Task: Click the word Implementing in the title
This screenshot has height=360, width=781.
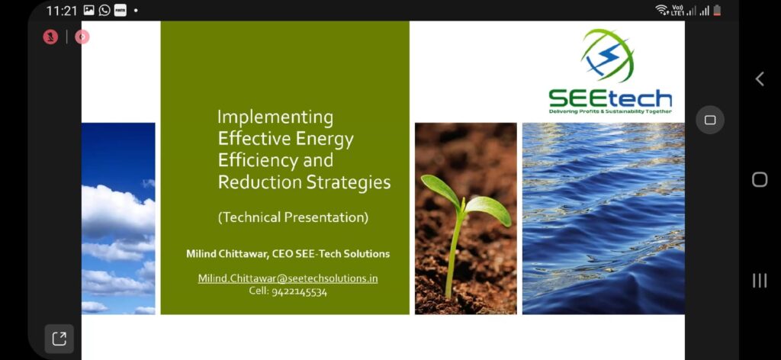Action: click(275, 117)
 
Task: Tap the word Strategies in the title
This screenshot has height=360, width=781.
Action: click(348, 183)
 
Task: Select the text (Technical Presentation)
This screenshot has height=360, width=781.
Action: click(293, 217)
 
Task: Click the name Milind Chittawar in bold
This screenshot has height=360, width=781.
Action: click(227, 254)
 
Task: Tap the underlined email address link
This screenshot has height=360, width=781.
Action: click(288, 278)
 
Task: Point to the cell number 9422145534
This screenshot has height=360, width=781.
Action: click(299, 292)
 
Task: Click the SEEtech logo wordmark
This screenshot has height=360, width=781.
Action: click(610, 98)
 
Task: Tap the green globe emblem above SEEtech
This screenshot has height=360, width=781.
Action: click(607, 56)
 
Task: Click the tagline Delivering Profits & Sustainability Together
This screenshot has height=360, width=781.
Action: click(610, 111)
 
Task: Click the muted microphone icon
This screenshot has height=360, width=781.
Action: click(50, 37)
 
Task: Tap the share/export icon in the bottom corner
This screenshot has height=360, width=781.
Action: click(59, 339)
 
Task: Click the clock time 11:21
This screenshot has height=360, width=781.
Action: click(62, 11)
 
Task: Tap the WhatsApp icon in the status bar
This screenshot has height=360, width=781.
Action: click(104, 10)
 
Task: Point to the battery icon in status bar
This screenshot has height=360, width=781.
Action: click(717, 11)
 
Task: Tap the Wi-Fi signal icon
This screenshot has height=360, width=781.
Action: click(662, 11)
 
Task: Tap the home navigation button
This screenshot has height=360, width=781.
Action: click(759, 179)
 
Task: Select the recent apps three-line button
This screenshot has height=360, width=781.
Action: click(759, 281)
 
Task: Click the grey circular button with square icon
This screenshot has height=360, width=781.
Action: click(710, 120)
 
